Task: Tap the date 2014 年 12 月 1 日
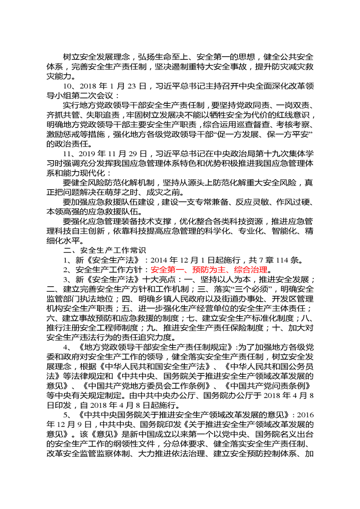click(180, 260)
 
